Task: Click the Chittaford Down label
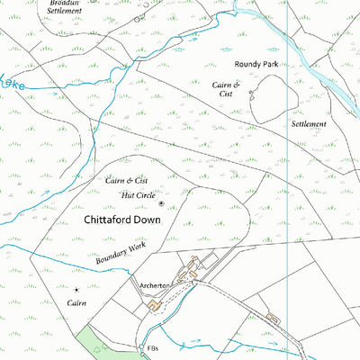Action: click(x=129, y=219)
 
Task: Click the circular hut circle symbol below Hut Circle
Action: click(x=161, y=203)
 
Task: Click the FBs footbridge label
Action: click(x=152, y=346)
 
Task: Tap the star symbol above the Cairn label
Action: click(x=76, y=290)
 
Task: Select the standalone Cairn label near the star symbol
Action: click(x=76, y=303)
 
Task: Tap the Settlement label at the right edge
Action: click(x=309, y=123)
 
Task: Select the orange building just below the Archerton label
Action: click(x=154, y=306)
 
